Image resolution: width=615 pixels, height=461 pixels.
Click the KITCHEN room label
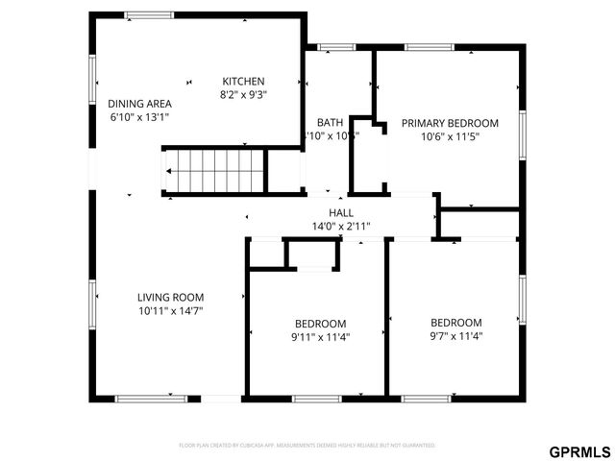pos(243,81)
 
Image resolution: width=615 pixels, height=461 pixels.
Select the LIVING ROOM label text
pos(170,298)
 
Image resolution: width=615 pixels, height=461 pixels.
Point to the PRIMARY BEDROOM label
pos(450,123)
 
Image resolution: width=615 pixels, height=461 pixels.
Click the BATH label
pos(331,123)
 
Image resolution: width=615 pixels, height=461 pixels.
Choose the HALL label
pos(341,213)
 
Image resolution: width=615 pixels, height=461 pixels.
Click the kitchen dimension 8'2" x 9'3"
pos(243,94)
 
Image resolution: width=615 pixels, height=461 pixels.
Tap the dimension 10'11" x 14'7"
pos(170,311)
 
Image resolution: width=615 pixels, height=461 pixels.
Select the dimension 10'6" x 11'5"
pos(450,136)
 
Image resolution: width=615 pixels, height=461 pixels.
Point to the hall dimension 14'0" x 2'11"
pos(341,227)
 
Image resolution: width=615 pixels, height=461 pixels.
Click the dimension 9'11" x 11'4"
pos(320,337)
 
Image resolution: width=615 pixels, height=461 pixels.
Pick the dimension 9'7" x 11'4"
pos(455,336)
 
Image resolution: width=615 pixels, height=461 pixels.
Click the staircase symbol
pos(213,172)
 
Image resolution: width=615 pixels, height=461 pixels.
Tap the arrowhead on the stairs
pos(169,172)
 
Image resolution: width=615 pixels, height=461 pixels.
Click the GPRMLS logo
pos(578,450)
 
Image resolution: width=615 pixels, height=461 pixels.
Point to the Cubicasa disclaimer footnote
pos(307,446)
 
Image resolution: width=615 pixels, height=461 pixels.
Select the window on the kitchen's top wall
pos(149,14)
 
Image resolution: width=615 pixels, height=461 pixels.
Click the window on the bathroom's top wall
pos(336,46)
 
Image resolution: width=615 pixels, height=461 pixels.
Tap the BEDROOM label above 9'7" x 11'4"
pos(455,323)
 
